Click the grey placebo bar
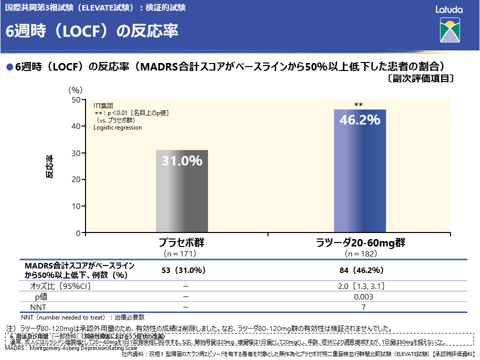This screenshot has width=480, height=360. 182,200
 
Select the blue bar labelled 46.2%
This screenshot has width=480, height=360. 360,180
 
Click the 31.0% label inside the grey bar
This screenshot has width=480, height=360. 182,161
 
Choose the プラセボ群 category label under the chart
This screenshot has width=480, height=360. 182,243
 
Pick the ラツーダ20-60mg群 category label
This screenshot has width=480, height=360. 360,243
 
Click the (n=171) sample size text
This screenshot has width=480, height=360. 182,253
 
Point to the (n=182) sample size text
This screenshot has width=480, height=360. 360,253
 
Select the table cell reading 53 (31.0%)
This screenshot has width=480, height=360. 184,270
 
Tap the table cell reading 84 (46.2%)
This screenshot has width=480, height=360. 361,270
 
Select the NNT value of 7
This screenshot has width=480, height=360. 363,307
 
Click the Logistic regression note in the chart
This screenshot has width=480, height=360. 117,127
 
